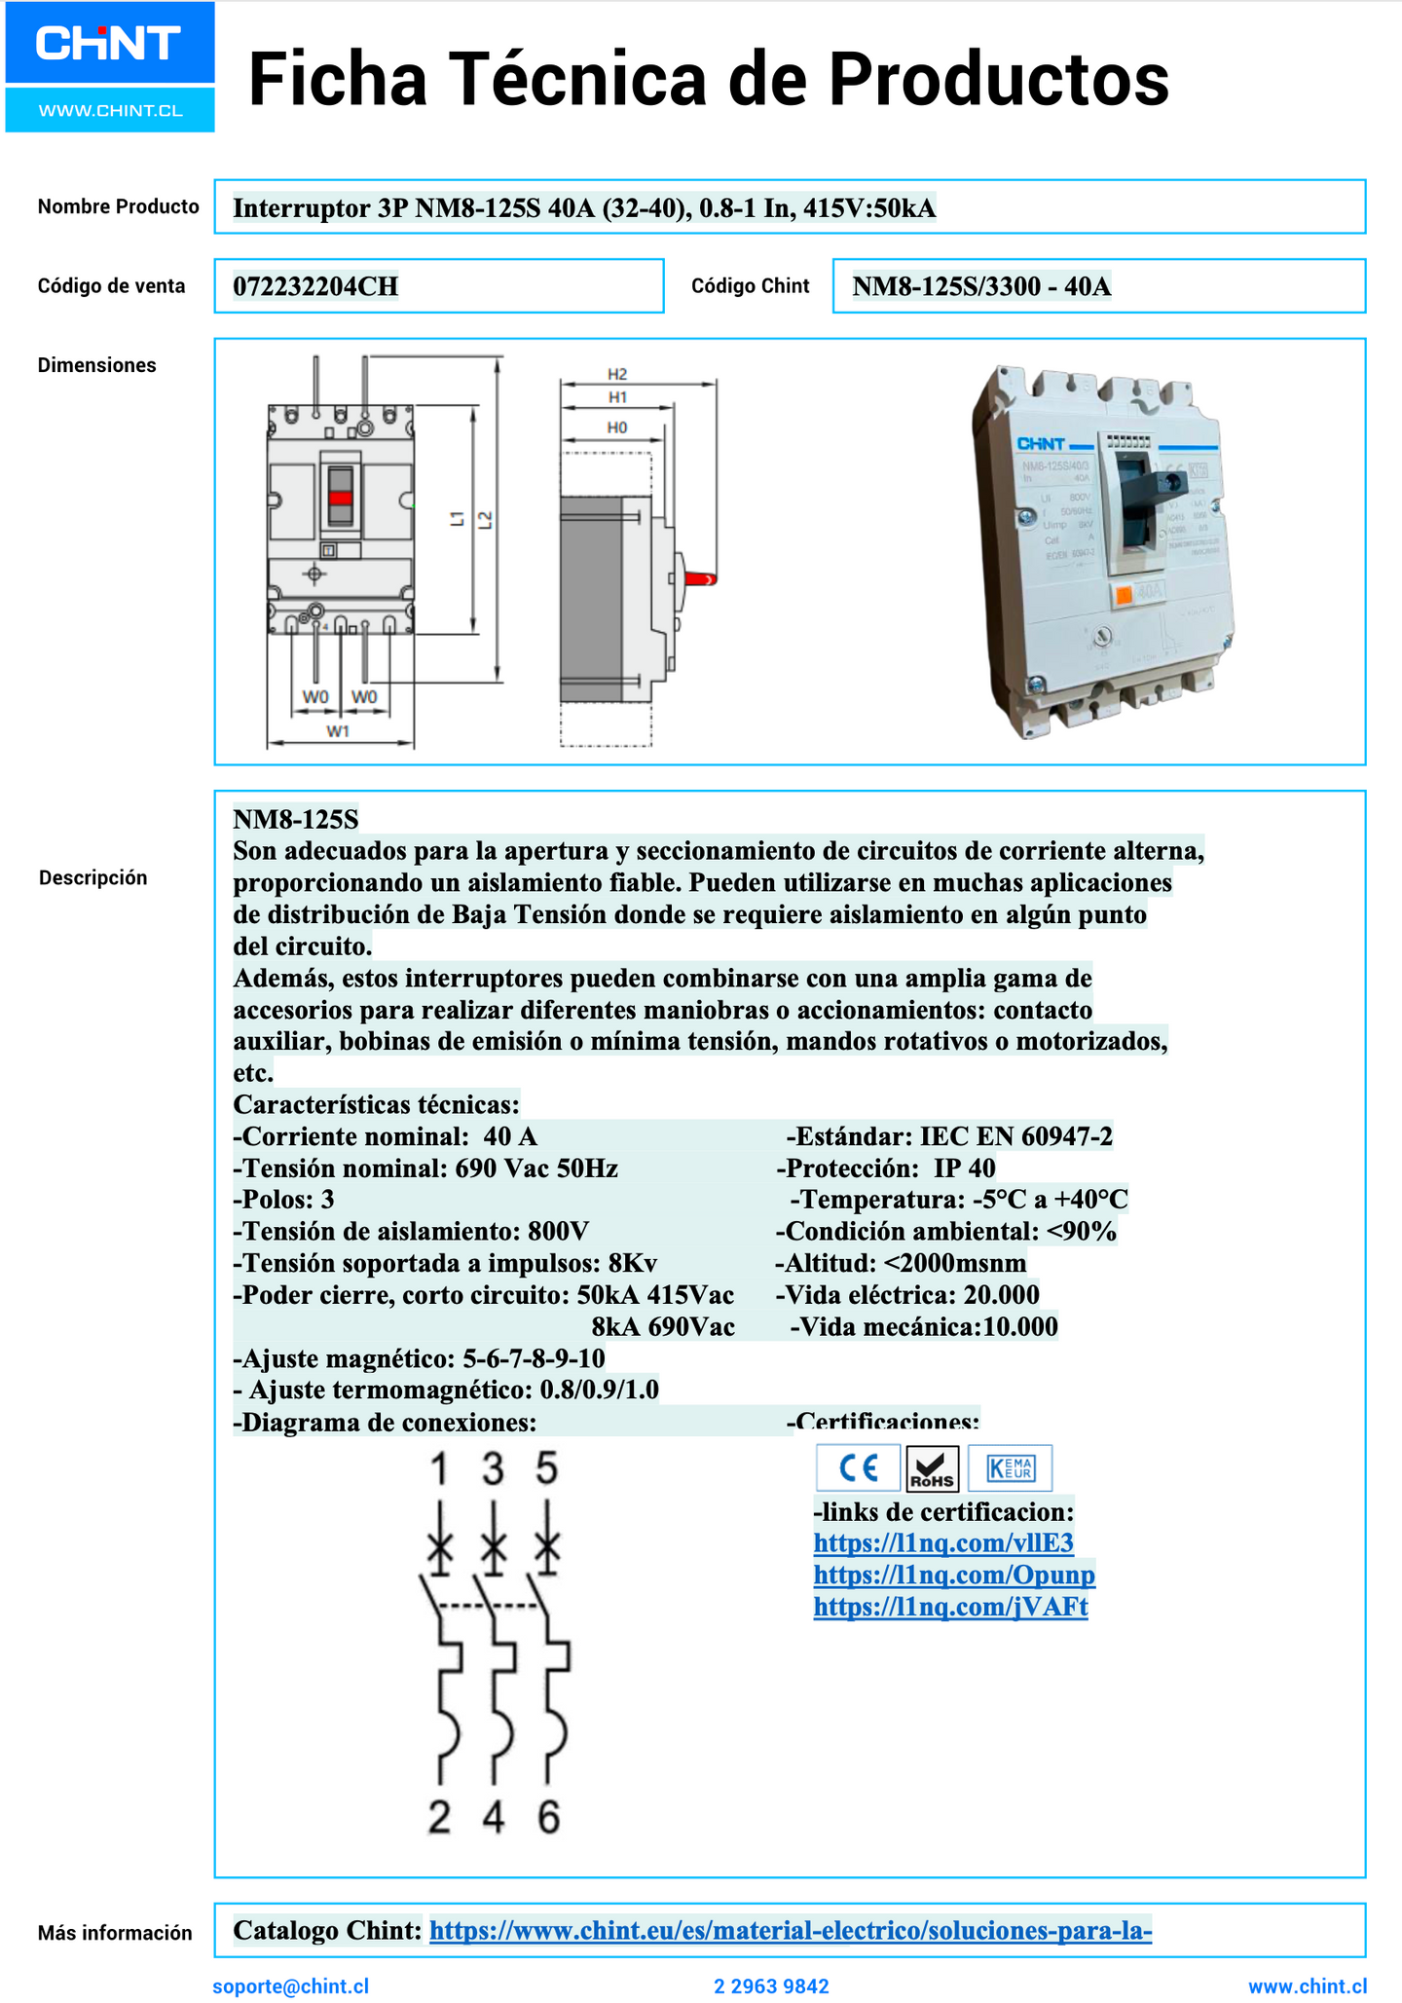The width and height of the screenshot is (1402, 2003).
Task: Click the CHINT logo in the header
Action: pyautogui.click(x=108, y=44)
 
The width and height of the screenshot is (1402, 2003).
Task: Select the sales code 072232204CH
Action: pyautogui.click(x=315, y=286)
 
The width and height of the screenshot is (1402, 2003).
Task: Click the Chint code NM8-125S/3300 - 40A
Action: pyautogui.click(x=981, y=286)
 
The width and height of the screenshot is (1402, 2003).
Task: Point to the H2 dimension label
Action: pyautogui.click(x=617, y=374)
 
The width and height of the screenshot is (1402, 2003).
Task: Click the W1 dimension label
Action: pyautogui.click(x=338, y=731)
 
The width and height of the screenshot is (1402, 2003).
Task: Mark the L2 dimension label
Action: pyautogui.click(x=485, y=521)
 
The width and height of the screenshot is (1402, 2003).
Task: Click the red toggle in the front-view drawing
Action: pyautogui.click(x=341, y=497)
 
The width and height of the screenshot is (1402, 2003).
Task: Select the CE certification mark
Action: pyautogui.click(x=858, y=1467)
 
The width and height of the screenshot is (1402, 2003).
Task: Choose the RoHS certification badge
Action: pyautogui.click(x=932, y=1468)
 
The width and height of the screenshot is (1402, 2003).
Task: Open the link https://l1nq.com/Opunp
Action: pyautogui.click(x=954, y=1575)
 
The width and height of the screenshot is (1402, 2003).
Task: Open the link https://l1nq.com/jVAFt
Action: pyautogui.click(x=950, y=1607)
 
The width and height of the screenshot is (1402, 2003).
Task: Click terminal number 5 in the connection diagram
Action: pyautogui.click(x=547, y=1468)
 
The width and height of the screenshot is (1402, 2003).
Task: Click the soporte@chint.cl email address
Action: pyautogui.click(x=290, y=1986)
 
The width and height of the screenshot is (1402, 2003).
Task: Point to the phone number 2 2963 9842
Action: pyautogui.click(x=771, y=1986)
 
